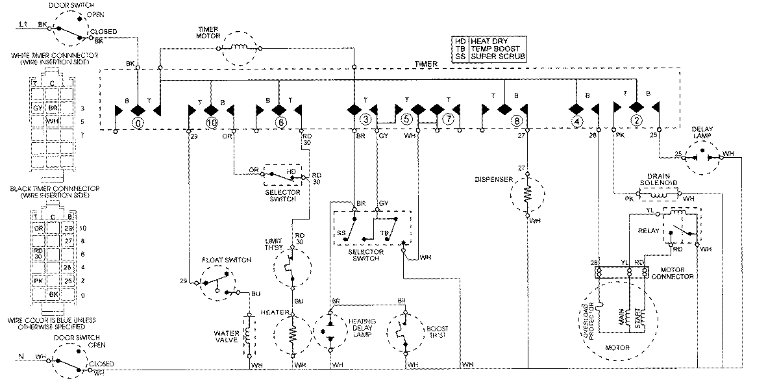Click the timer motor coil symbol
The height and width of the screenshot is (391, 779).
point(241,47)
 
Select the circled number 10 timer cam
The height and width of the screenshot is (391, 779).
point(210,123)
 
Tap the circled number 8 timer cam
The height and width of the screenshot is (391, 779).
point(517,121)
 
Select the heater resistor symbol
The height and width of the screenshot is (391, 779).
point(292,334)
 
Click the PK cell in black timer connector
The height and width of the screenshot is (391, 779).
point(39,281)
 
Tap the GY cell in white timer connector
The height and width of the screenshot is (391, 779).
point(38,107)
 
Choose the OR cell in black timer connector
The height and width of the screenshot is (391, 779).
point(39,228)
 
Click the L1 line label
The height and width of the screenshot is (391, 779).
point(22,24)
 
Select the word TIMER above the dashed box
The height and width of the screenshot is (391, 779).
point(426,64)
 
